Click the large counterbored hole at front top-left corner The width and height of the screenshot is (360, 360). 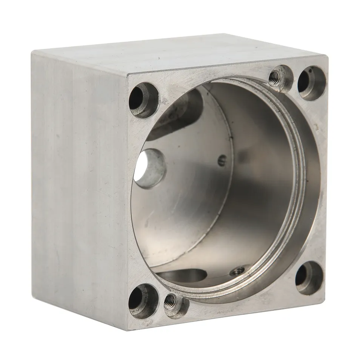[144, 100]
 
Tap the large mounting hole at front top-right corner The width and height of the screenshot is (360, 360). [312, 83]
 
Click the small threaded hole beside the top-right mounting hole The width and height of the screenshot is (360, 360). [282, 78]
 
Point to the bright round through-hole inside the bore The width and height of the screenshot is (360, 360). [149, 168]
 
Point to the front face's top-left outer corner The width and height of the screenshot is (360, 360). [128, 74]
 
